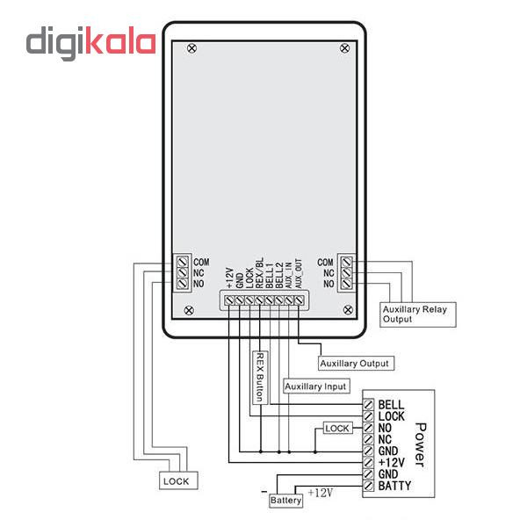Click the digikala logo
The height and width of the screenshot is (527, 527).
[x=90, y=43]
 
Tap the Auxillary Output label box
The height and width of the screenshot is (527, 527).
[x=354, y=363]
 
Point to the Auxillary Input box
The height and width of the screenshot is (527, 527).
[x=316, y=386]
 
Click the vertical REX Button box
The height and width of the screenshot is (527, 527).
[x=259, y=377]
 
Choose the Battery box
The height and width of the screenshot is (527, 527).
[x=286, y=500]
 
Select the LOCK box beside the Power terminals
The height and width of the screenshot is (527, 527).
[x=337, y=429]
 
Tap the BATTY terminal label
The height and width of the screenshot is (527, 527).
[x=394, y=486]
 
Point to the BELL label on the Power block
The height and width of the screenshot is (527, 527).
[x=391, y=404]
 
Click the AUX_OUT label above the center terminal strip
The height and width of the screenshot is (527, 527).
[x=299, y=274]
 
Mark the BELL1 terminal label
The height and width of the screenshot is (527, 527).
[x=270, y=275]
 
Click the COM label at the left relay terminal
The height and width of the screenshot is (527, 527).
[x=201, y=262]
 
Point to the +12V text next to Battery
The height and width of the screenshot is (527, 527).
[x=320, y=494]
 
